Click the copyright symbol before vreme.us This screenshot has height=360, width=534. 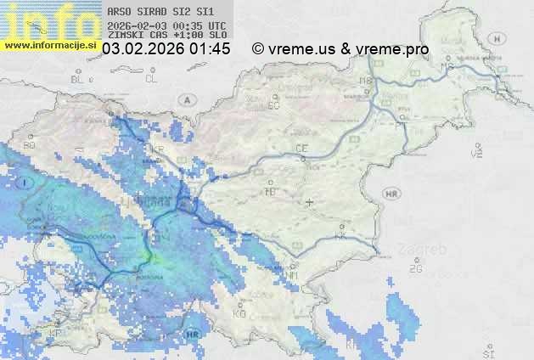click(x=258, y=49)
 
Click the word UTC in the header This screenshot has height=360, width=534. click(x=217, y=25)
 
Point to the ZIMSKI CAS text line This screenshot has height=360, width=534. click(x=167, y=36)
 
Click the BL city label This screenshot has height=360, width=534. click(x=78, y=79)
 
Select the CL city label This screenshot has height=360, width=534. click(x=151, y=79)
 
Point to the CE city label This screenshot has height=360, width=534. click(x=301, y=149)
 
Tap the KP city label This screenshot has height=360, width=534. click(x=56, y=333)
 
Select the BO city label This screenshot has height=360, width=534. click(x=30, y=145)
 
